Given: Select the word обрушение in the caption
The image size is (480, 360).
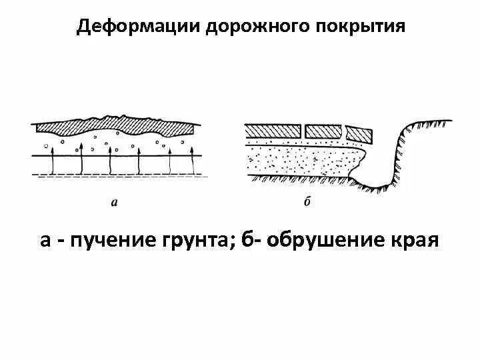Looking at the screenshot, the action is coord(321,240).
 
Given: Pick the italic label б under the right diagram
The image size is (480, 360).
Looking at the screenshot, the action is coord(307,202).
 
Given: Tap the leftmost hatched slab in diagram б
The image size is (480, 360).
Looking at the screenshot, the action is coord(273,131).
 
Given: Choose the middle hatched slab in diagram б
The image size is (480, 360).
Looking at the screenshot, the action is coord(325,131).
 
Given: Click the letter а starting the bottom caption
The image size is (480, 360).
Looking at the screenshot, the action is coord(45,240).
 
